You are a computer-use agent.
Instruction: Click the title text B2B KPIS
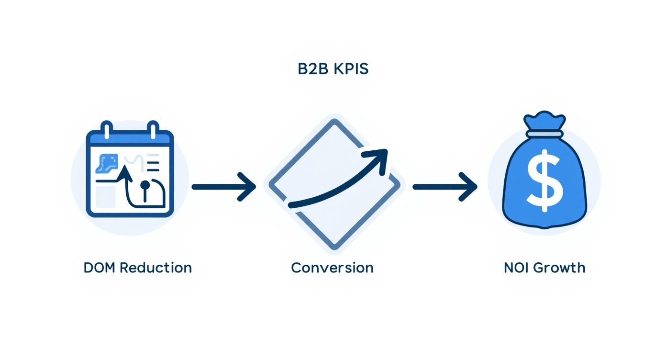tap(333, 68)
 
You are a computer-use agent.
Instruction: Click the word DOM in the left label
tap(100, 268)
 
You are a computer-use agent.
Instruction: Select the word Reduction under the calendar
tap(155, 268)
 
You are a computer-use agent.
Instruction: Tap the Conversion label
tap(332, 267)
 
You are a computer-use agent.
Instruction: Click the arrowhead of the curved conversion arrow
tap(380, 158)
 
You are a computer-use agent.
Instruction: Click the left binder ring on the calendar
tap(106, 130)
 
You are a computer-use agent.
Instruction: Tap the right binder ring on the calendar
tap(153, 130)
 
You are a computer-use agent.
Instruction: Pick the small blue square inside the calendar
tap(106, 163)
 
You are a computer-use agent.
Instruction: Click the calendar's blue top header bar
tap(129, 140)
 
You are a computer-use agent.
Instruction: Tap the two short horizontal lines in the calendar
tap(153, 166)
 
